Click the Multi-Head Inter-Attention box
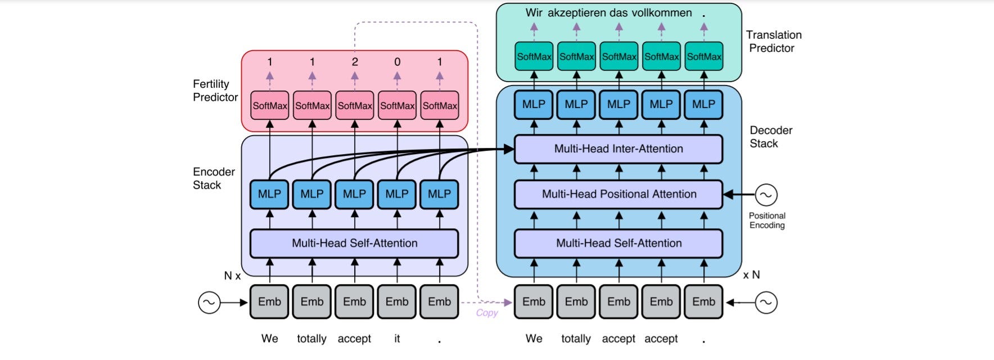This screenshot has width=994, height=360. click(x=618, y=149)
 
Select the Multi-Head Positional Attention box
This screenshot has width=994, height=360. click(x=618, y=194)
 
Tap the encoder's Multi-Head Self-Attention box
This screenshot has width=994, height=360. click(x=354, y=244)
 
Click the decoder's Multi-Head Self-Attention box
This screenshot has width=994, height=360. click(x=618, y=244)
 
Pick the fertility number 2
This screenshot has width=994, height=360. click(x=355, y=62)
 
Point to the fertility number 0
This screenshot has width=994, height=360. click(x=397, y=62)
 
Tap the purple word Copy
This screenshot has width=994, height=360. click(x=487, y=313)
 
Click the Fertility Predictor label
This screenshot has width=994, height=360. click(x=215, y=91)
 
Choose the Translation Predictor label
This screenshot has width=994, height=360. click(x=773, y=42)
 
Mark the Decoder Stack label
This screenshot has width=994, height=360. click(x=770, y=137)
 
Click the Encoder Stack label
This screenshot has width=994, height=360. click(x=214, y=178)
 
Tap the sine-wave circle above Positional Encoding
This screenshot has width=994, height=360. click(x=766, y=195)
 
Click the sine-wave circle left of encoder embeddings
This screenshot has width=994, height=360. click(x=209, y=303)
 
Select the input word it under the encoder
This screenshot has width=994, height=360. click(x=397, y=339)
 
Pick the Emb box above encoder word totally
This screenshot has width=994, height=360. click(x=312, y=302)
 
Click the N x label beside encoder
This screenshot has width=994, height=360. click(x=232, y=276)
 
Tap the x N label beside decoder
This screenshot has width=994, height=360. click(x=751, y=275)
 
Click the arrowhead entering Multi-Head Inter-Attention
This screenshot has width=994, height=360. click(x=509, y=149)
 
